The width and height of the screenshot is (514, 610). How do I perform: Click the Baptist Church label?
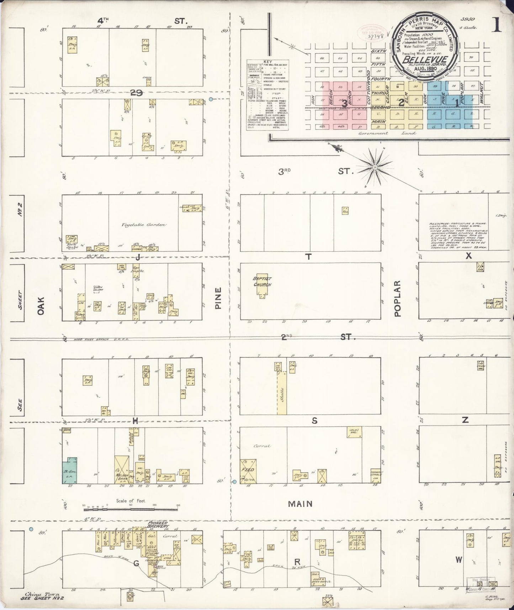(262, 282)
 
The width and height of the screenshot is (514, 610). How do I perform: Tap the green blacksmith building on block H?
(70, 472)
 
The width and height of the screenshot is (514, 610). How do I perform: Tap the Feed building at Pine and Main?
(248, 470)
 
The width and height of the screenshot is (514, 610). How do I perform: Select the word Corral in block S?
(263, 446)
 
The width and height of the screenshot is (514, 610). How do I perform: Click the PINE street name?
(218, 298)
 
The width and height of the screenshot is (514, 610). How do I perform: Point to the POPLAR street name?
(397, 298)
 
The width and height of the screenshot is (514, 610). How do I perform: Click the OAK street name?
(41, 306)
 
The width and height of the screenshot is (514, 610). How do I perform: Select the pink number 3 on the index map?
(344, 104)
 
